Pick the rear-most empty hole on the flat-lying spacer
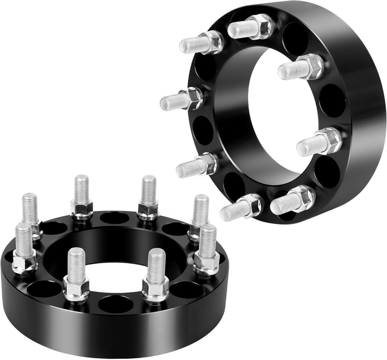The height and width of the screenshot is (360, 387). tap(114, 217)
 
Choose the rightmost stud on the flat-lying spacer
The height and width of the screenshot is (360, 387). tap(207, 247)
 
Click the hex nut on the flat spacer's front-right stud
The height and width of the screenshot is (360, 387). tap(156, 288)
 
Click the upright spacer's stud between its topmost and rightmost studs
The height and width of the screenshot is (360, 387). tap(301, 68)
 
